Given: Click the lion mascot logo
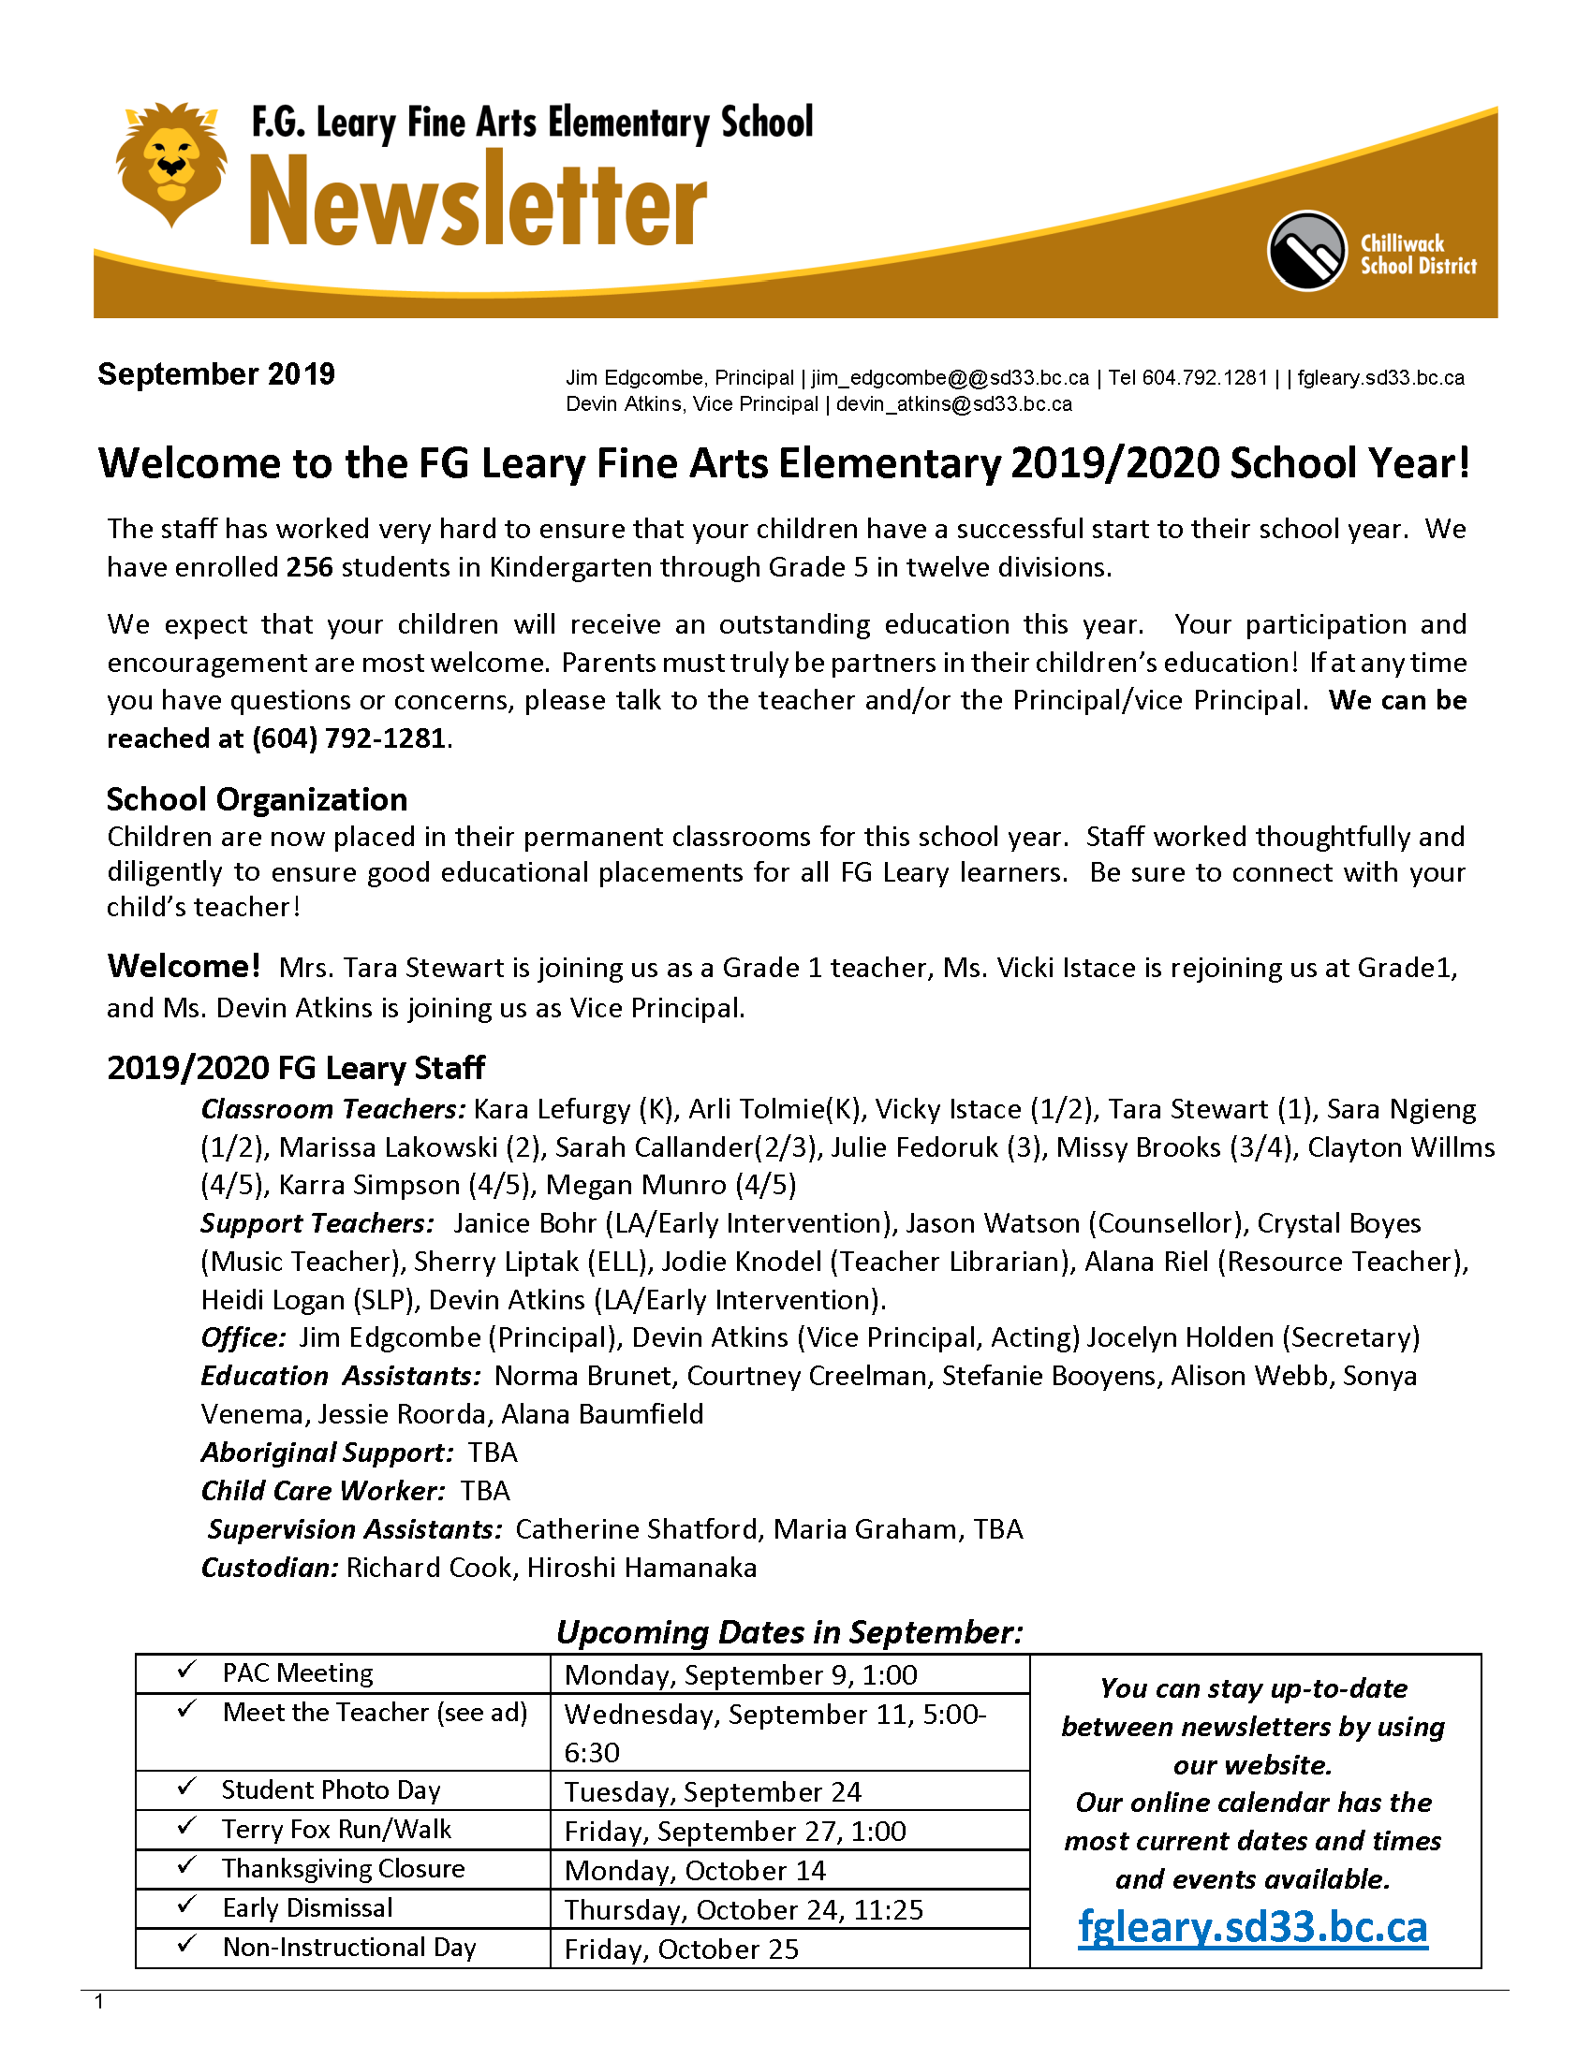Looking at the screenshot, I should pos(170,162).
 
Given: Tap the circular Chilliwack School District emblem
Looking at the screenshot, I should pos(1306,251).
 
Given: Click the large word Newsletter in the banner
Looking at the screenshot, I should pos(479,202).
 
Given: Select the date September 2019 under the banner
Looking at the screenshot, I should pos(216,374).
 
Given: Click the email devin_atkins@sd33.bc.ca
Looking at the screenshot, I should pos(953,404).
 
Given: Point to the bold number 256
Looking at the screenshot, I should pos(309,567).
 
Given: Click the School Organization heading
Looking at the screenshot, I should pos(257,799).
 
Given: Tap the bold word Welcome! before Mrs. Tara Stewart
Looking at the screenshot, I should pos(183,967).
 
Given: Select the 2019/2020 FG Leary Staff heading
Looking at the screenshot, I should pos(295,1068).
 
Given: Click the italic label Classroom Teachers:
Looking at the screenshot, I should pos(333,1110).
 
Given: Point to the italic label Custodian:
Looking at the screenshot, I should pos(269,1568).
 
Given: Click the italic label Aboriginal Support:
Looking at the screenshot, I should pos(326,1453).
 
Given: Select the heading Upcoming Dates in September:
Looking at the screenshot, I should pos(789,1632).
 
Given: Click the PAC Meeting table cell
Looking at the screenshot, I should pos(298,1673).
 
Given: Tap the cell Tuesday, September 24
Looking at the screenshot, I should pos(713,1791).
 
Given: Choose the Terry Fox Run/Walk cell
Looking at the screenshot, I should pos(337,1830).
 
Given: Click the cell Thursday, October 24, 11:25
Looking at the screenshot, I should pos(744,1910).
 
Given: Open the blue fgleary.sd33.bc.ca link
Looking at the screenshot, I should pos(1252,1927).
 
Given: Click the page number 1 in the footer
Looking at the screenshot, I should pos(99,2003).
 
